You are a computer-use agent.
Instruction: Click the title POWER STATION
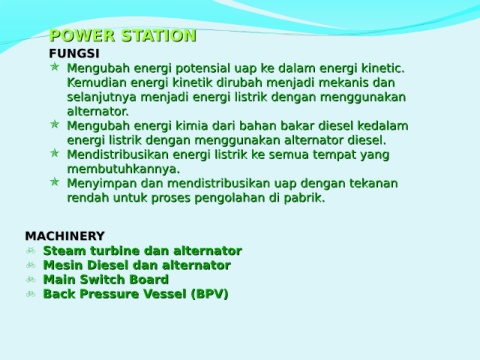tap(123, 36)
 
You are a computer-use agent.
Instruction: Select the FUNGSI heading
tap(74, 53)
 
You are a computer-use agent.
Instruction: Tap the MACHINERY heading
tap(65, 236)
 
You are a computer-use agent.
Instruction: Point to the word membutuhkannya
tap(123, 169)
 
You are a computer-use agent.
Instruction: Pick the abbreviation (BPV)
tap(210, 294)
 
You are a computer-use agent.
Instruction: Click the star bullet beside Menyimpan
tap(55, 182)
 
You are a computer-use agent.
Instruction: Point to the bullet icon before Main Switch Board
tap(31, 279)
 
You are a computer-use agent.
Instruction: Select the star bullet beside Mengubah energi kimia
tap(55, 124)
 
